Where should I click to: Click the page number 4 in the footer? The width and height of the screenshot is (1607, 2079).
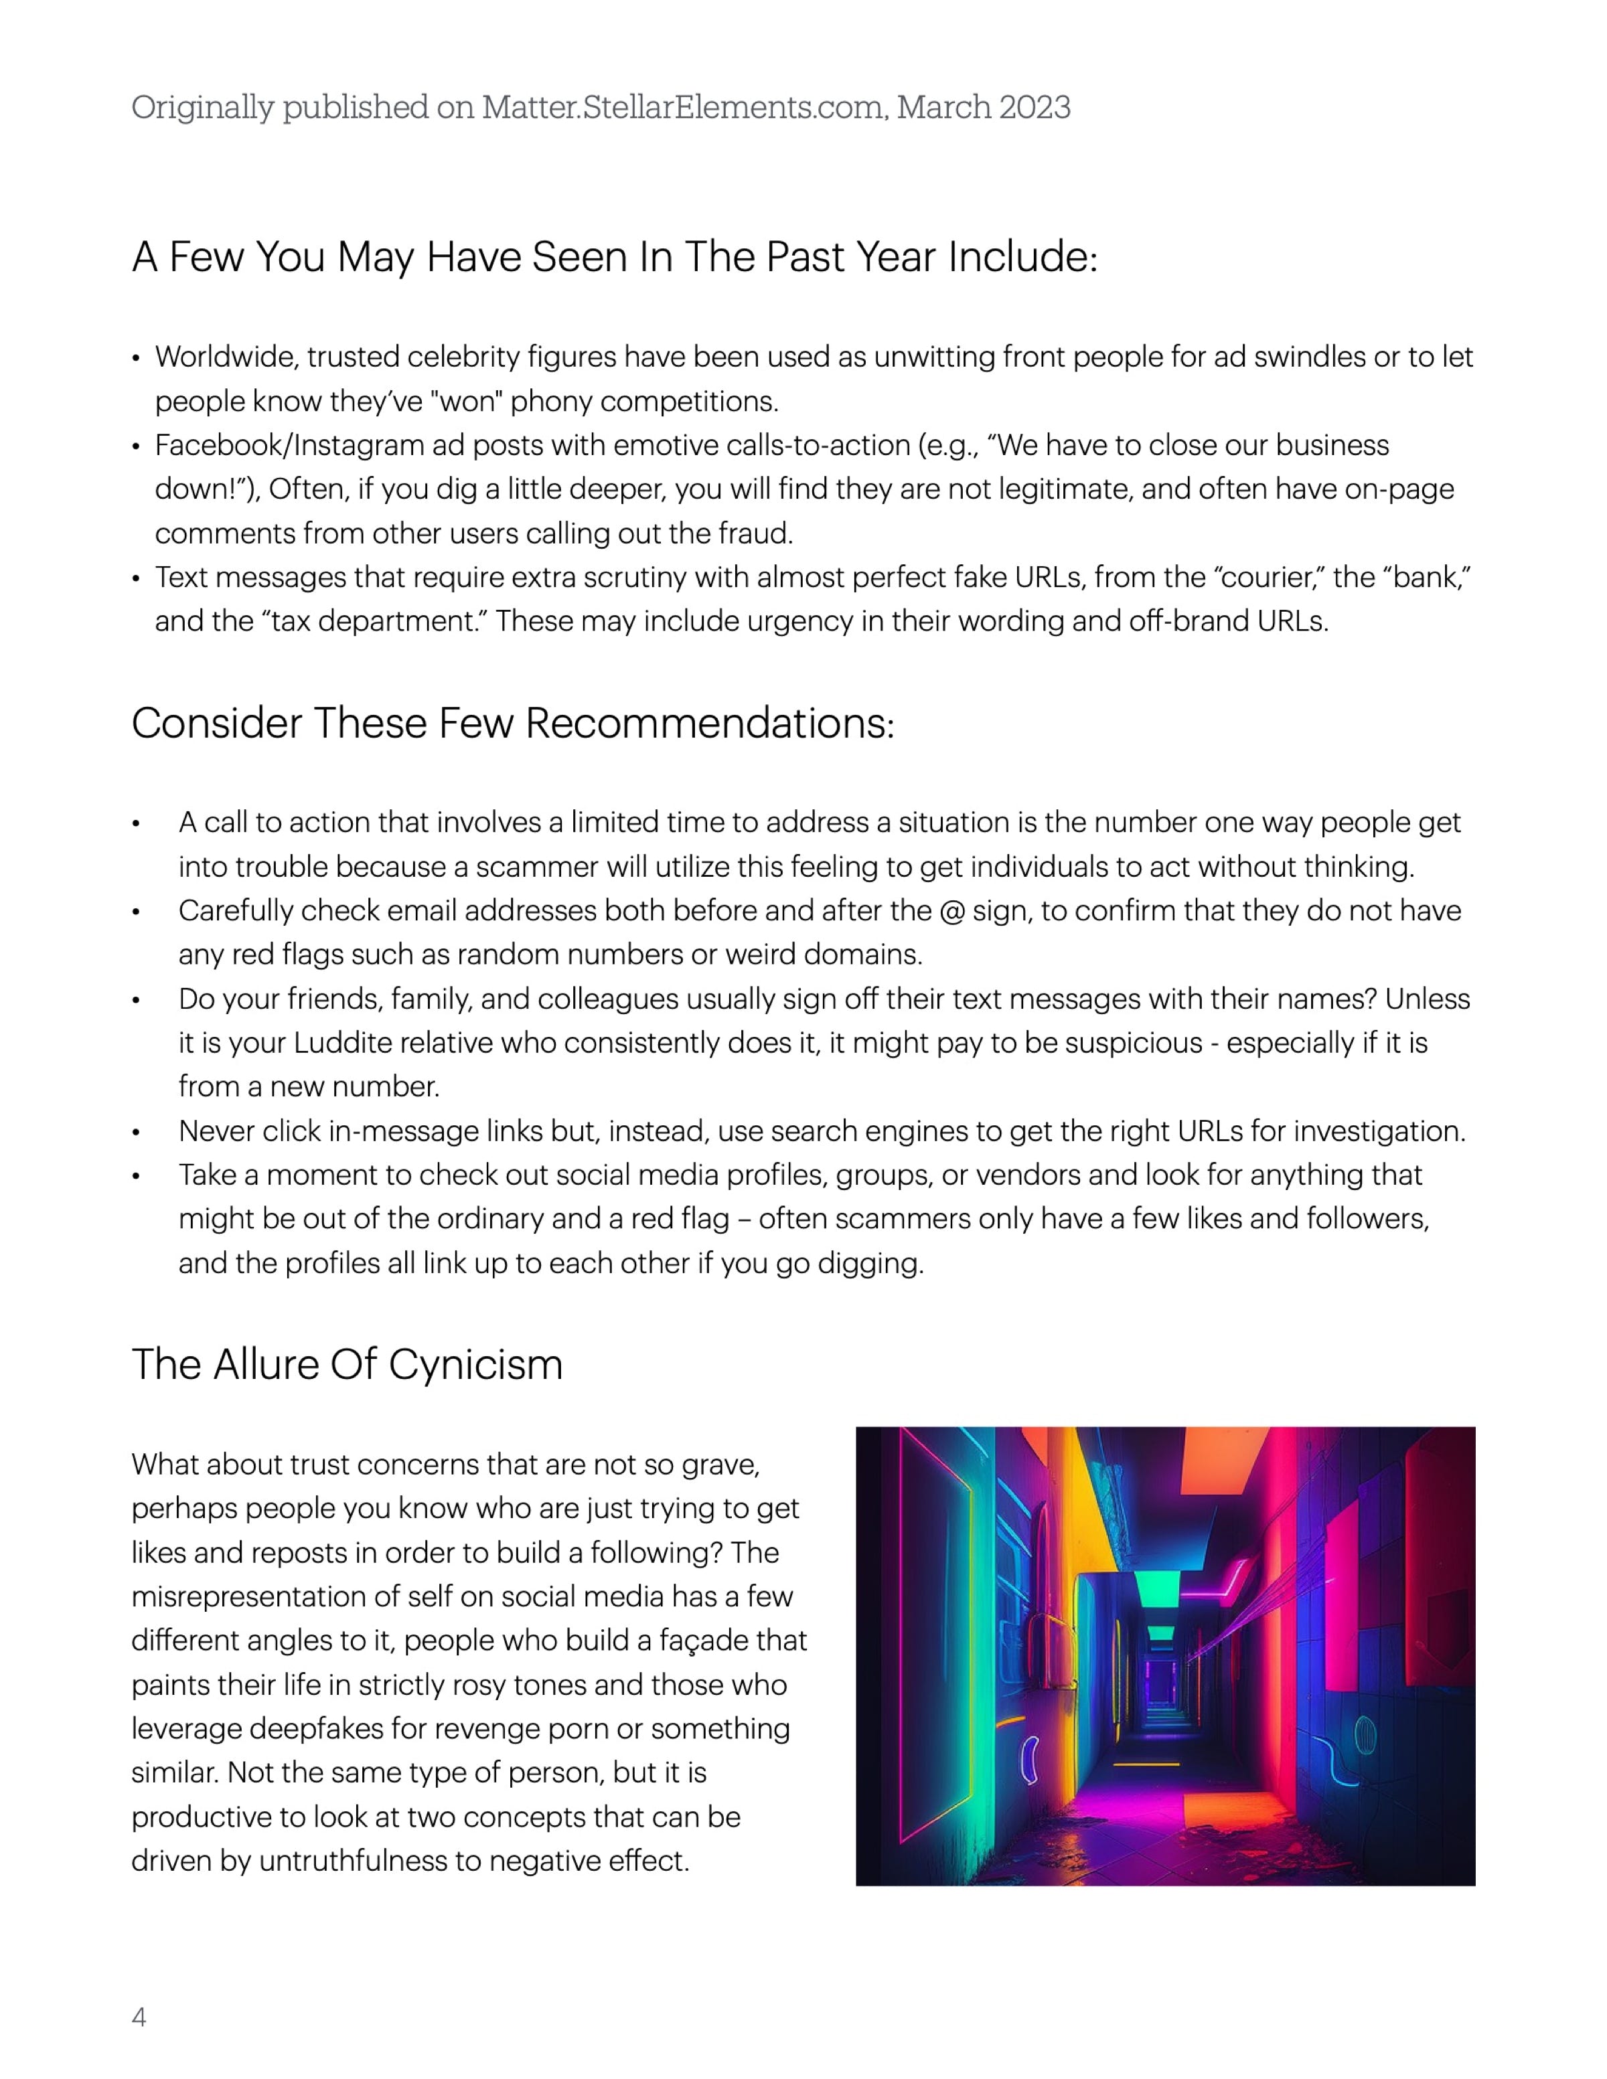click(139, 2017)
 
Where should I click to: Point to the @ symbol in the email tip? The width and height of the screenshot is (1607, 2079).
click(951, 911)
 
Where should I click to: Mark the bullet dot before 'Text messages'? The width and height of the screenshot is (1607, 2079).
click(136, 578)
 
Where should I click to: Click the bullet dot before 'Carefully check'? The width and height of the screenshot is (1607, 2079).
click(136, 912)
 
